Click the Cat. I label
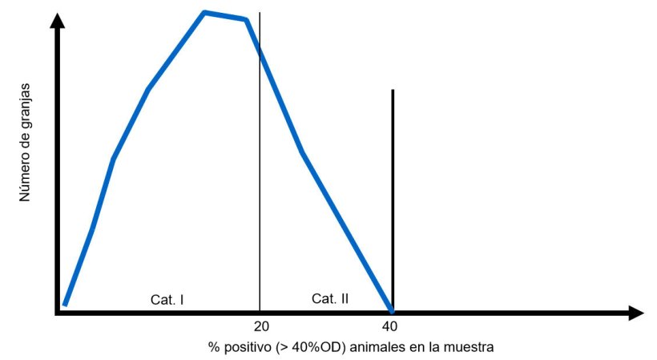[167, 299]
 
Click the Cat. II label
[330, 298]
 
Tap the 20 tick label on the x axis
[260, 326]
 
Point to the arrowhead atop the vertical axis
[57, 21]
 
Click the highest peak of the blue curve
[205, 12]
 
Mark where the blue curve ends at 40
[391, 310]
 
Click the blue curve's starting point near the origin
[64, 305]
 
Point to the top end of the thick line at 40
[392, 91]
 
